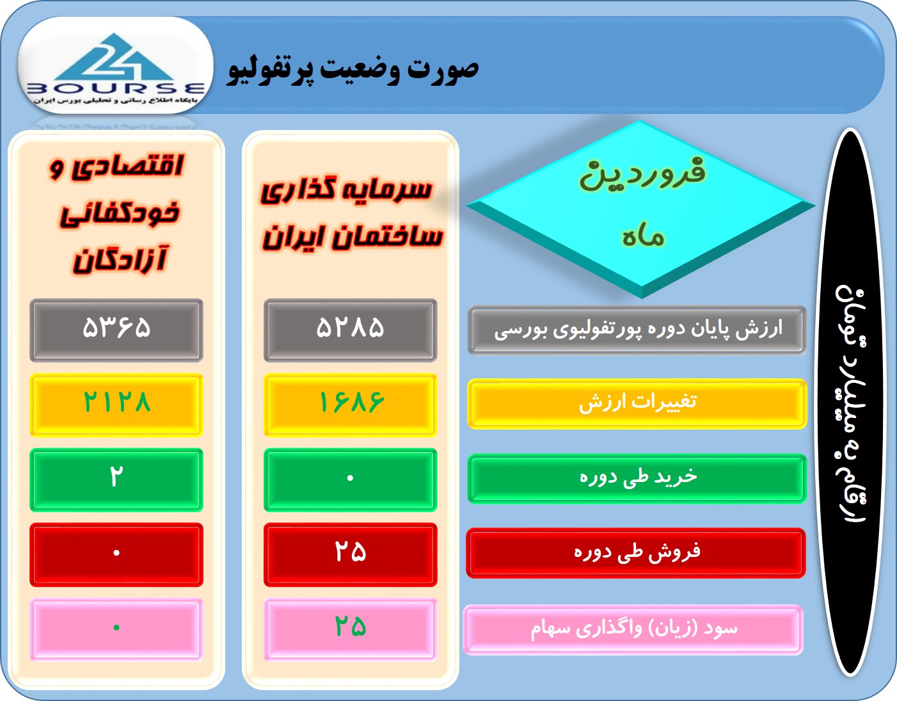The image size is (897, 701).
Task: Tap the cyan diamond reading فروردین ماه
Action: click(641, 209)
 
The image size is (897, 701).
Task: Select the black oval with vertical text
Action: click(851, 403)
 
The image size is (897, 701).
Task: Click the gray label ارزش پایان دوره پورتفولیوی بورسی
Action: click(637, 330)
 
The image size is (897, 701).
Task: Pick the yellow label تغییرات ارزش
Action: click(637, 404)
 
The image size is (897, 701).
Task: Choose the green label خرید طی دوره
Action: click(637, 478)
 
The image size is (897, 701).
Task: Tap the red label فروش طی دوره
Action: click(636, 552)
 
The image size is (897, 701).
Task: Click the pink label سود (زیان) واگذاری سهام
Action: click(633, 629)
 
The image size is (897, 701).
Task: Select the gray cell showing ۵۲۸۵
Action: click(351, 330)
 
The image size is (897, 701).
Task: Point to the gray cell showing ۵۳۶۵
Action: click(116, 330)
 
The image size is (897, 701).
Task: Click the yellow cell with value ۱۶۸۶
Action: click(351, 405)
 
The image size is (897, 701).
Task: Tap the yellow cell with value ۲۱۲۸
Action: click(116, 405)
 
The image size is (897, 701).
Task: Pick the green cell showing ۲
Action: click(116, 479)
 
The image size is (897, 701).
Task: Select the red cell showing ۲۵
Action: click(351, 554)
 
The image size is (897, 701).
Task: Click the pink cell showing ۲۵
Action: click(351, 629)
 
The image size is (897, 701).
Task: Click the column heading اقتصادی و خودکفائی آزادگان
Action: click(117, 213)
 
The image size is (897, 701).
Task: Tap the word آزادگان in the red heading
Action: click(120, 260)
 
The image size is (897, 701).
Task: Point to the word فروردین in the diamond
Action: click(642, 174)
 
